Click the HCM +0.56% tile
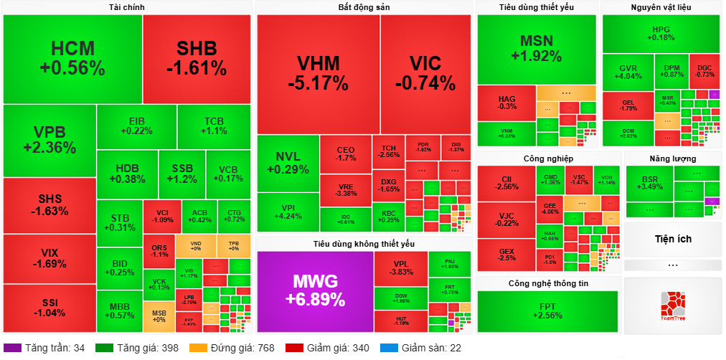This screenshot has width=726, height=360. pos(72,59)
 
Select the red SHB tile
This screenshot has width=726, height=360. pos(197,59)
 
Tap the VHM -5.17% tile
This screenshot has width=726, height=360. pos(318,73)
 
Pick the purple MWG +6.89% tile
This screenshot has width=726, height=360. pos(315,290)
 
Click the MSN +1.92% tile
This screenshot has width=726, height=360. pos(537,47)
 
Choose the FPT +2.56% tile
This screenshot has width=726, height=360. pos(547,311)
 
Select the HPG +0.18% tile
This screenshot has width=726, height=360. pos(661,33)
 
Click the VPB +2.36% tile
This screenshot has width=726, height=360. pos(49,140)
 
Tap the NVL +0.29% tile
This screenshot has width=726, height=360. pos(288,163)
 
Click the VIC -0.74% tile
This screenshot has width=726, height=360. pos(425,73)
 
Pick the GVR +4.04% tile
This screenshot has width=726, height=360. pos(628,72)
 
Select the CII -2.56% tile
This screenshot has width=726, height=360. pos(506,183)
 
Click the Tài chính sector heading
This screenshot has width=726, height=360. pos(127,7)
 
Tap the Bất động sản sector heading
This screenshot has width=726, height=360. pos(364,7)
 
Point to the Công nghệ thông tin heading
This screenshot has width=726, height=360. pos(548,283)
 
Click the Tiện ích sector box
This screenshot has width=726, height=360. pos(673,239)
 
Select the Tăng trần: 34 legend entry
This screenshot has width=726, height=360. pos(49,348)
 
